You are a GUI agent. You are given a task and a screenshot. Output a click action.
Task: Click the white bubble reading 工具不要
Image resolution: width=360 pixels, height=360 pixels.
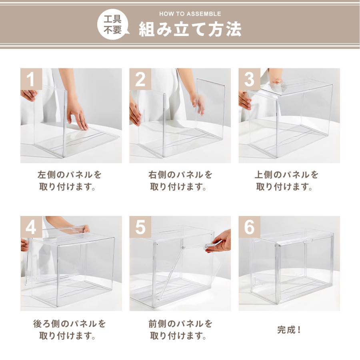(x=113, y=24)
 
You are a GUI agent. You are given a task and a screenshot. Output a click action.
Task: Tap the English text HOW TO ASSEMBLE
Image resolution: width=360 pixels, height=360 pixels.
(x=190, y=14)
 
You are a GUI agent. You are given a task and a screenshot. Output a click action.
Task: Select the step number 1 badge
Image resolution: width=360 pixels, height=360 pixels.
(x=31, y=79)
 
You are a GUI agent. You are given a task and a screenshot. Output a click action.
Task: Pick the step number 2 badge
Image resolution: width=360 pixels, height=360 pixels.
(x=140, y=79)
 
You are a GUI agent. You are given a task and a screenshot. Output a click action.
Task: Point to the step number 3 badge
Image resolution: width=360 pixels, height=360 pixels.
(x=249, y=79)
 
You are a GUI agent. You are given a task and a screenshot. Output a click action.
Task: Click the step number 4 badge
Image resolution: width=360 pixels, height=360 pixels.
(x=31, y=227)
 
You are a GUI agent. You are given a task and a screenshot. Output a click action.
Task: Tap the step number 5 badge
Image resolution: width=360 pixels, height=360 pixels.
(x=140, y=227)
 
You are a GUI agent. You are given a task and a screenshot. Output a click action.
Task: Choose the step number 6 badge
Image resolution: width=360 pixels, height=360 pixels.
(x=249, y=227)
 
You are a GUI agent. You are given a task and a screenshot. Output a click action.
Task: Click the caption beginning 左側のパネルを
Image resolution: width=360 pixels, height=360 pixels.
(x=70, y=181)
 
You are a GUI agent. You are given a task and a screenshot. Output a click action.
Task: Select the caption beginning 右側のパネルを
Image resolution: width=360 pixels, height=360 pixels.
(x=180, y=181)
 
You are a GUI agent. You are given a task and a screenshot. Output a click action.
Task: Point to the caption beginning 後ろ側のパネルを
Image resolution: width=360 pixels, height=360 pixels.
(x=70, y=329)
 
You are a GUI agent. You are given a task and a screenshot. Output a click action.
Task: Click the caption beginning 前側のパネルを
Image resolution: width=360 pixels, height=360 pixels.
(x=180, y=329)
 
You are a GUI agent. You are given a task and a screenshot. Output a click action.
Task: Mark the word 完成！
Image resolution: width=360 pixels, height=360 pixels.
(x=289, y=330)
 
